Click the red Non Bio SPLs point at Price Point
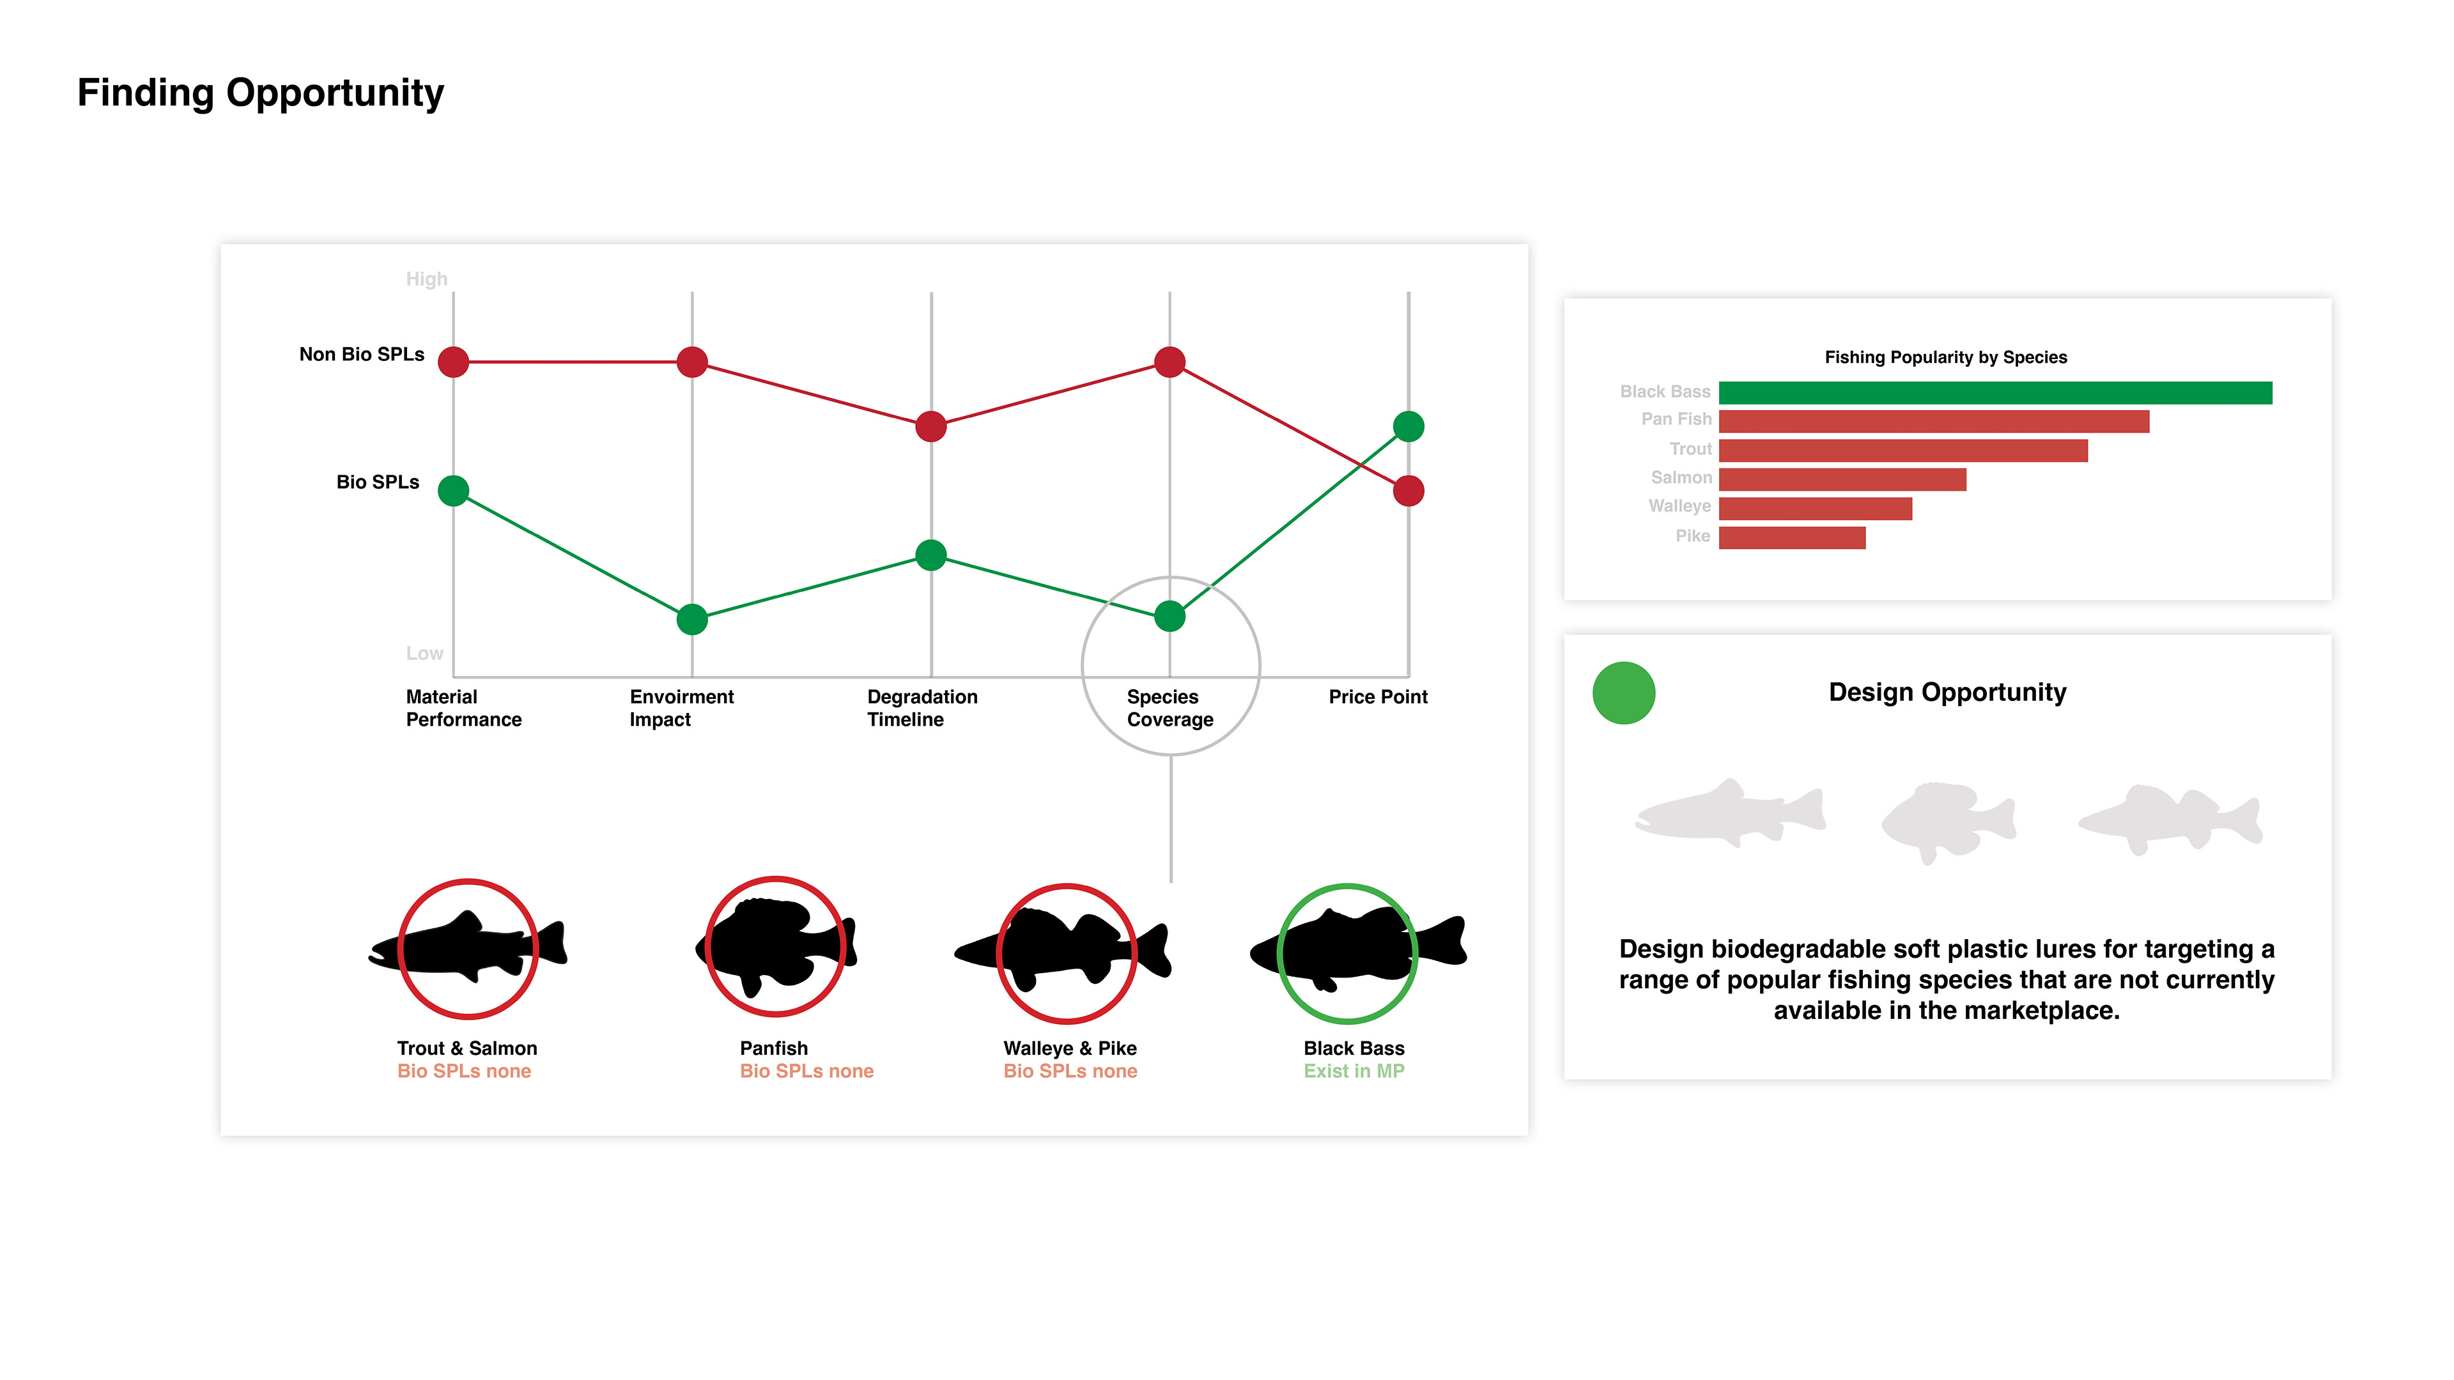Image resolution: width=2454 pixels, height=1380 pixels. tap(1408, 491)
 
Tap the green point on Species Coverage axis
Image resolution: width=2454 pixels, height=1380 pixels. tap(1169, 616)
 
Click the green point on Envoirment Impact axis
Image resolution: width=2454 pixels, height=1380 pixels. tap(691, 619)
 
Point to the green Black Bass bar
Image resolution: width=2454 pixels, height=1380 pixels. tap(1995, 392)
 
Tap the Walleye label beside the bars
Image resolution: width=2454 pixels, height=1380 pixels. tap(1679, 506)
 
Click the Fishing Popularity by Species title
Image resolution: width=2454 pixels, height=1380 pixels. tap(1945, 357)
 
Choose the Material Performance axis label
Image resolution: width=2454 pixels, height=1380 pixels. tap(463, 708)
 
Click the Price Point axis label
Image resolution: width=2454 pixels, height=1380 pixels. tap(1378, 696)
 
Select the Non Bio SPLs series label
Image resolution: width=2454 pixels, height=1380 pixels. tap(361, 355)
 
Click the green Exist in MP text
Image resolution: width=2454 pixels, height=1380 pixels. tap(1354, 1071)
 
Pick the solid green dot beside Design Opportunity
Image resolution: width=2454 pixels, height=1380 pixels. tap(1623, 693)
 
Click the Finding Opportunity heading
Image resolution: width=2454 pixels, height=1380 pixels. tap(260, 93)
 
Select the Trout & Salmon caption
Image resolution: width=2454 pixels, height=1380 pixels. tap(467, 1048)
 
